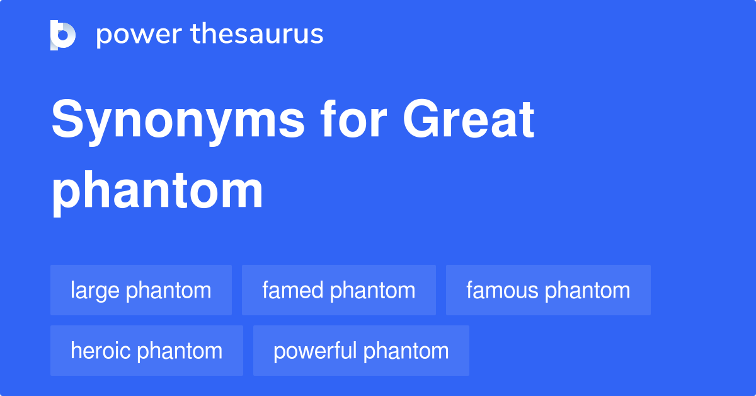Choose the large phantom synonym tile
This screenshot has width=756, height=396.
[141, 290]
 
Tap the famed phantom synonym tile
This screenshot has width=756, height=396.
[339, 290]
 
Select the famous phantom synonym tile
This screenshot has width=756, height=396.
[548, 290]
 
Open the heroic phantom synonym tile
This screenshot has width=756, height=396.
[147, 351]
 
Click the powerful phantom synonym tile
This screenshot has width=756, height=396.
[361, 351]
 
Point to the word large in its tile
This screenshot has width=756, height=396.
[95, 291]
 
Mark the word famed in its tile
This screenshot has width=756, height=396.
[293, 290]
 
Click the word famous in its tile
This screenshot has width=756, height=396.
[502, 290]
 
